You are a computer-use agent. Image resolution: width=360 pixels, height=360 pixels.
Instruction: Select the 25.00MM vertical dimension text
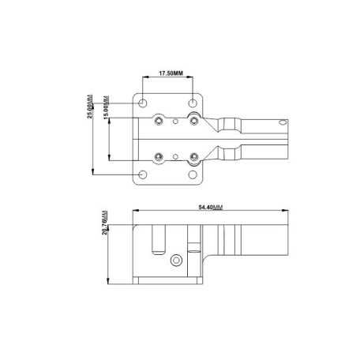pyautogui.click(x=94, y=107)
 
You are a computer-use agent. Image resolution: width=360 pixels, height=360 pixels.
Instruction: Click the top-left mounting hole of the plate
pyautogui.click(x=142, y=103)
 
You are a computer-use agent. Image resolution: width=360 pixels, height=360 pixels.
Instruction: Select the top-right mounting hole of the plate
pyautogui.click(x=194, y=103)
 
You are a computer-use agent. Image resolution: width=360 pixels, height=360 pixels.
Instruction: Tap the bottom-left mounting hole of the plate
pyautogui.click(x=142, y=174)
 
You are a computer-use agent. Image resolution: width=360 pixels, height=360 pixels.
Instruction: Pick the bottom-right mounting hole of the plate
pyautogui.click(x=194, y=174)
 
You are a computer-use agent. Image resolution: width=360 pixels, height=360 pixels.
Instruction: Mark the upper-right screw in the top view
pyautogui.click(x=193, y=122)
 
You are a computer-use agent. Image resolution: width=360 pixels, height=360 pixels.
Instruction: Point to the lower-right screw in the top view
pyautogui.click(x=193, y=156)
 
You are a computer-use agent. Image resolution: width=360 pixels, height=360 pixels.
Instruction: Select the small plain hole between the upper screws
pyautogui.click(x=177, y=122)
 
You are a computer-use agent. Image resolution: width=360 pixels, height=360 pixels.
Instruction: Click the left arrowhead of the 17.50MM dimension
pyautogui.click(x=144, y=79)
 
